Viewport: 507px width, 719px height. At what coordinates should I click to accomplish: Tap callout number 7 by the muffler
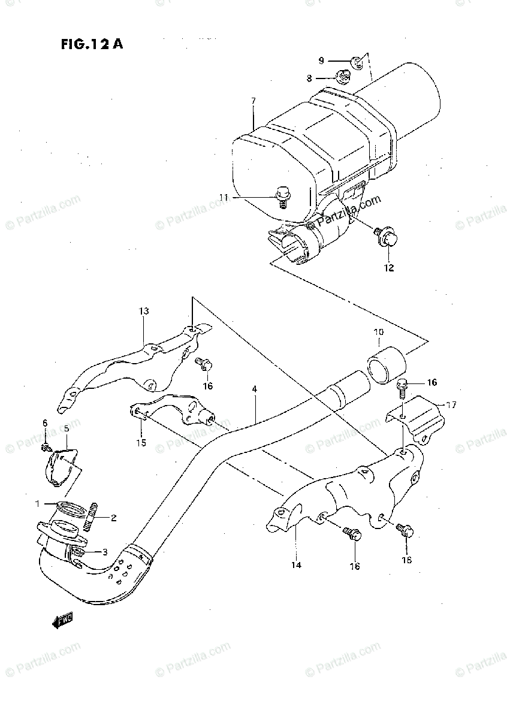tap(253, 101)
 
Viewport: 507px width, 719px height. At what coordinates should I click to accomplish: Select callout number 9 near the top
tap(321, 61)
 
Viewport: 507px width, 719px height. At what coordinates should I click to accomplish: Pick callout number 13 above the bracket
tap(144, 312)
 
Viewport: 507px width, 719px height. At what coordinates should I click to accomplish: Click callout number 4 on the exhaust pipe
tap(254, 389)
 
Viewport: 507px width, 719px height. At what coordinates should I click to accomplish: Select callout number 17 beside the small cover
tap(451, 405)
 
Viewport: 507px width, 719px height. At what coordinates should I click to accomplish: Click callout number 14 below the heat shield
tap(296, 564)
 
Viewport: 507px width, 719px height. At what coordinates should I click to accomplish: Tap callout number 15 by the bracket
tap(141, 443)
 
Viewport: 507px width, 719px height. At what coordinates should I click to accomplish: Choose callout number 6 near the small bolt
tap(44, 424)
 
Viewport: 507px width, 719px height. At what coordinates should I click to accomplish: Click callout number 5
tap(67, 428)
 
